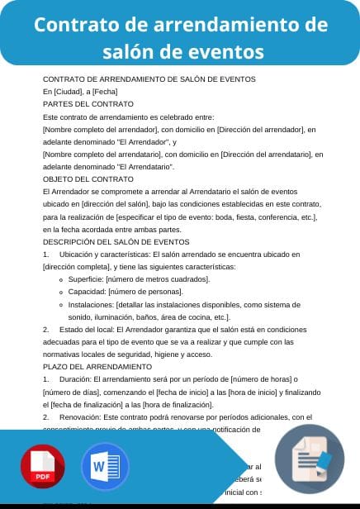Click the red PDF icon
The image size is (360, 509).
44,468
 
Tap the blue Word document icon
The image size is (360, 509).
105,468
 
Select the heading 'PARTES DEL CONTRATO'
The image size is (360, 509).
88,104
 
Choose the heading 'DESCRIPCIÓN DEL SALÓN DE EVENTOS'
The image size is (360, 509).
111,241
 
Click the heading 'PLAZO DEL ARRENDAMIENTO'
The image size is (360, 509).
97,365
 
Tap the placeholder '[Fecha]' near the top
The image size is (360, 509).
106,91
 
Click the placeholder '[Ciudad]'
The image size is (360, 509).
66,91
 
